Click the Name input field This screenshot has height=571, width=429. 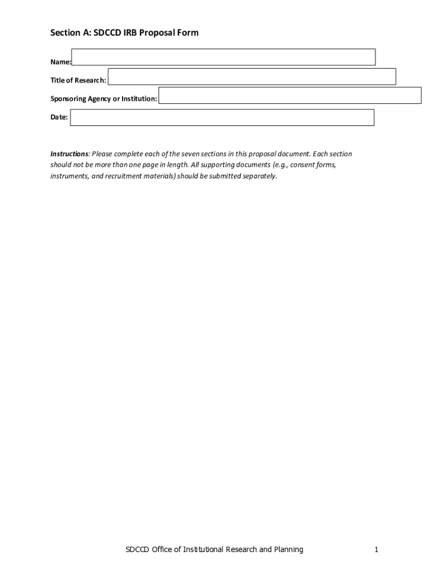tap(223, 57)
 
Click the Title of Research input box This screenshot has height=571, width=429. tap(251, 76)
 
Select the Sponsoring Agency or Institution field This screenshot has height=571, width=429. tap(290, 95)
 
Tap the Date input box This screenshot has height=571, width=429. tap(222, 117)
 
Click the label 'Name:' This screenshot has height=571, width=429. tap(61, 62)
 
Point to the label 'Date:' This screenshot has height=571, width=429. tap(59, 117)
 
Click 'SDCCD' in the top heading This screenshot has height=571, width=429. tap(105, 33)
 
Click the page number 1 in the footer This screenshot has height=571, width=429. tap(377, 549)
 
